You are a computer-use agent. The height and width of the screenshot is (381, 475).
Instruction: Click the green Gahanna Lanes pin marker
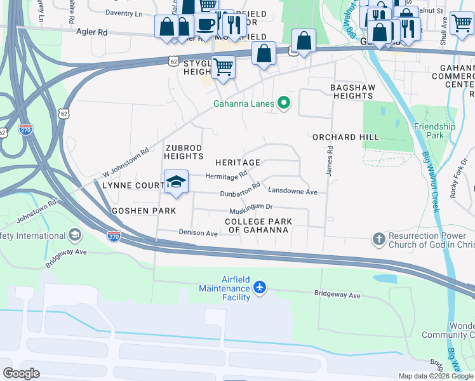click(284, 104)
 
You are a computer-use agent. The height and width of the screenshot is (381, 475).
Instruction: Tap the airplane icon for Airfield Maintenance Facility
click(259, 288)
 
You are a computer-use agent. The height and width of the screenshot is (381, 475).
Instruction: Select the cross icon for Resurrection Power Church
click(378, 239)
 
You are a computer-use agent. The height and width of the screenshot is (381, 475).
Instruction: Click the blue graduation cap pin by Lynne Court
click(176, 182)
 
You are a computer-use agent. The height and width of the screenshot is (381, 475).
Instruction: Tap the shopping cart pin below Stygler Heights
click(223, 66)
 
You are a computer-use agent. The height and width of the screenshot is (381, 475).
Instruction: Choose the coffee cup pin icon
click(204, 24)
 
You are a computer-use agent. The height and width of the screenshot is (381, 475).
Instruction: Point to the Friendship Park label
click(434, 131)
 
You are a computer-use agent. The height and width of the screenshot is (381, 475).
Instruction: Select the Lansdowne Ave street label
click(292, 190)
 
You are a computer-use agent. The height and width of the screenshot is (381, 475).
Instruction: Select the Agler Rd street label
click(92, 31)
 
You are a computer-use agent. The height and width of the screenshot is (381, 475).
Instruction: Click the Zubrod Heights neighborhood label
click(184, 152)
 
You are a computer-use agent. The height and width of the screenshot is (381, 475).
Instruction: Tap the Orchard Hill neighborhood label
click(345, 137)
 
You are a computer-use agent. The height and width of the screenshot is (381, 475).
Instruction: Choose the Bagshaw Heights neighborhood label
click(351, 91)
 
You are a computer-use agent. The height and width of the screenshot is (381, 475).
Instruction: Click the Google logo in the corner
click(21, 373)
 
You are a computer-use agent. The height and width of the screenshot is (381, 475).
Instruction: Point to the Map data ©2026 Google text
click(436, 376)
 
